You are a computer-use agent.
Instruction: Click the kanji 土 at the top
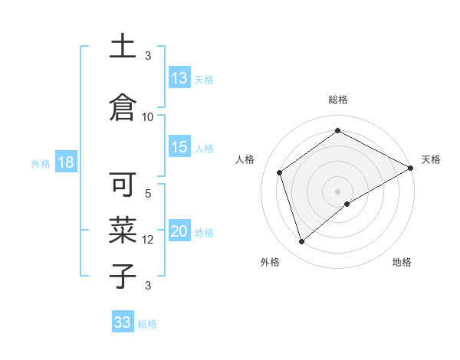(x=123, y=47)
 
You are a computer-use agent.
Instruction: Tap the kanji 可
(x=123, y=185)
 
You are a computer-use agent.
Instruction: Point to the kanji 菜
(x=123, y=228)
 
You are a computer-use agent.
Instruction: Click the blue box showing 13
(x=179, y=78)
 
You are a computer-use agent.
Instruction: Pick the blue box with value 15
(x=179, y=148)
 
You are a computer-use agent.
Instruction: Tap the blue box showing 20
(x=179, y=232)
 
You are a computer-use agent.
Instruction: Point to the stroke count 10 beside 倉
(x=148, y=116)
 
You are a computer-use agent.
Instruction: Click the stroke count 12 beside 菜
(x=148, y=240)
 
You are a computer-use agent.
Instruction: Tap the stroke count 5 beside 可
(x=148, y=194)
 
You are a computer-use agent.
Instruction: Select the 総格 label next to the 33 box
(x=147, y=324)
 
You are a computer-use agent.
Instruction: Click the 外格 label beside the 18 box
(x=40, y=164)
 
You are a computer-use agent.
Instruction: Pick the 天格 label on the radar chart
(x=431, y=159)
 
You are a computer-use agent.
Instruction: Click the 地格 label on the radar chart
(x=402, y=262)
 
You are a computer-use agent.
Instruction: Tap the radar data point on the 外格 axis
(x=301, y=242)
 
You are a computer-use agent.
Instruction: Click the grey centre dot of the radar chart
(x=337, y=191)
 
